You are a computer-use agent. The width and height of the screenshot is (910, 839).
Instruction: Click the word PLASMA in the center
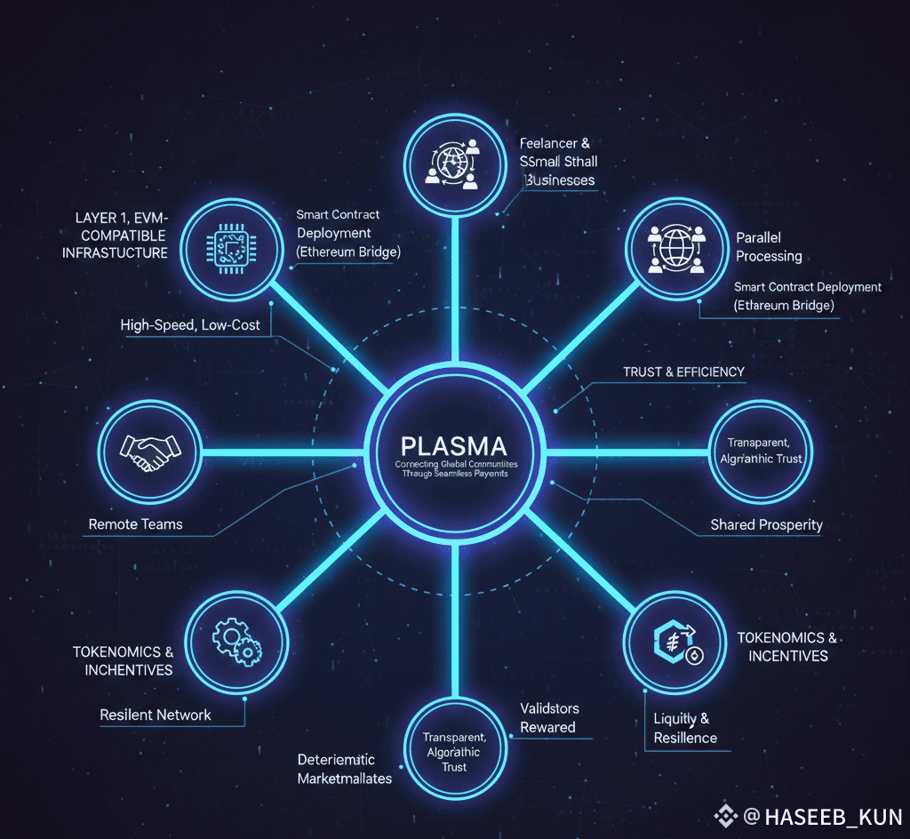tap(453, 445)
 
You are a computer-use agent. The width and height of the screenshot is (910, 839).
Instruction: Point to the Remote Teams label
tap(135, 524)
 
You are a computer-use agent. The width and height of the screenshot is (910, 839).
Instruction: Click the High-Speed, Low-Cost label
tap(190, 325)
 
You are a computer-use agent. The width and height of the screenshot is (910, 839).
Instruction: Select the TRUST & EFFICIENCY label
tap(683, 372)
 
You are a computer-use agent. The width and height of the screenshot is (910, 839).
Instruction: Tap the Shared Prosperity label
tap(766, 524)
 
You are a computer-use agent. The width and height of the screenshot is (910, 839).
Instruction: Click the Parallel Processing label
tap(769, 247)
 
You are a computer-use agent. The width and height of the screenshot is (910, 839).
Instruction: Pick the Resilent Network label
tap(156, 715)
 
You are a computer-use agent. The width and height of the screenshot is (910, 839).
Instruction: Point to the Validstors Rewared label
tap(548, 718)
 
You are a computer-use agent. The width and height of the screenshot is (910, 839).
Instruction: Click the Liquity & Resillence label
tap(684, 728)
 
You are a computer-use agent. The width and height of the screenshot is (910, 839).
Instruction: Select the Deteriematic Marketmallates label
tap(344, 769)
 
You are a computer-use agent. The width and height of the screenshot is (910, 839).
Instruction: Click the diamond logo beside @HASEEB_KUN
tap(727, 815)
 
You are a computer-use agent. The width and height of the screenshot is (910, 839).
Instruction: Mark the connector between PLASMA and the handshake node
tap(284, 452)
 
